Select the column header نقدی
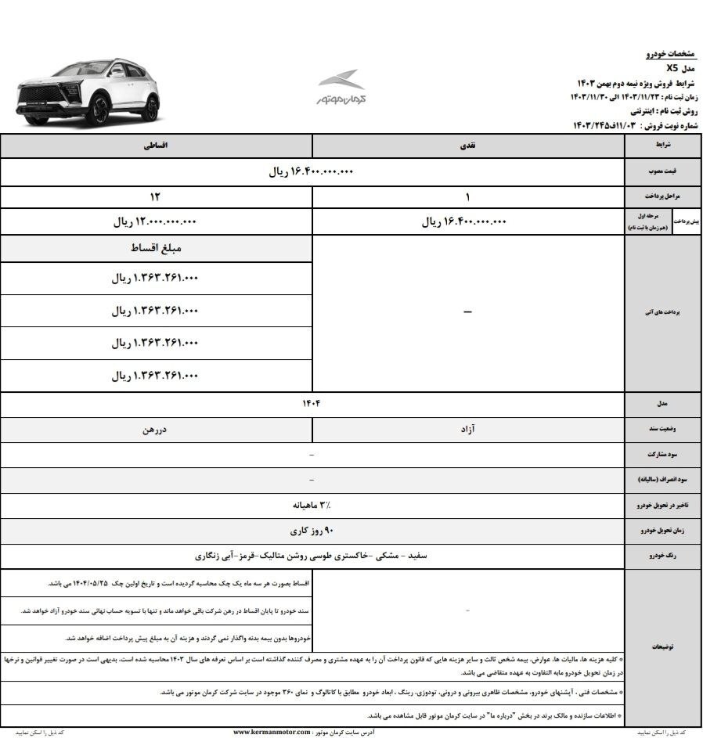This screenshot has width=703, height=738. pos(468,146)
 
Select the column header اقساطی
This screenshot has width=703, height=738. pos(157,146)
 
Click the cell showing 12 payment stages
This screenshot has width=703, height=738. pos(156,196)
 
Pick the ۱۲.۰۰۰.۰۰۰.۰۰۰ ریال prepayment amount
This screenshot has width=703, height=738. pos(156,221)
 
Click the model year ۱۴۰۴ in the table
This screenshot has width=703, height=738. pos(312,403)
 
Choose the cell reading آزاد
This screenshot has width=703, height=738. pos(468,430)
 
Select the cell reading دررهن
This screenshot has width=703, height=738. pos(156,430)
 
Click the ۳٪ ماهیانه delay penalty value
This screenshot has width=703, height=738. pos(312,505)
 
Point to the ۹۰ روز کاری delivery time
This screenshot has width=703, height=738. pos(312,531)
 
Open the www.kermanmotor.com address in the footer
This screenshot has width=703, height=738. pos(275,732)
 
